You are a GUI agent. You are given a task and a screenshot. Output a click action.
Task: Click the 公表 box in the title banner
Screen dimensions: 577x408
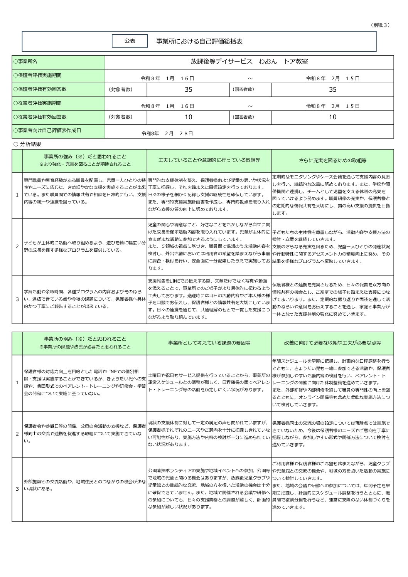130,41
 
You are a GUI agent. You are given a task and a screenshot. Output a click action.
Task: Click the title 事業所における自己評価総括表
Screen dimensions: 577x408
199,41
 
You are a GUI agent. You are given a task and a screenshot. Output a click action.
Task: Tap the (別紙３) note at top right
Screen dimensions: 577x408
381,25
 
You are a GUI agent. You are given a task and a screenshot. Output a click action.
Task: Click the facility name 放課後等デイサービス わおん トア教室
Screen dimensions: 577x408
249,62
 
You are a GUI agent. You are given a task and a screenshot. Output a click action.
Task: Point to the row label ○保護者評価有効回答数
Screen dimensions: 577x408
40,89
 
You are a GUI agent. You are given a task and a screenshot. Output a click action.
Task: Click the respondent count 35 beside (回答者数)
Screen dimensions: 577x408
332,89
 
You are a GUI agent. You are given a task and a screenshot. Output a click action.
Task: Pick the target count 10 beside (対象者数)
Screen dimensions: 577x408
188,117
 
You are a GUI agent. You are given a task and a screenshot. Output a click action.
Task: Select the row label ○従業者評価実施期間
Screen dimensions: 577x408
37,103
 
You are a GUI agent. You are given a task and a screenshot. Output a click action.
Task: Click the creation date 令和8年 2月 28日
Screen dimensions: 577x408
167,133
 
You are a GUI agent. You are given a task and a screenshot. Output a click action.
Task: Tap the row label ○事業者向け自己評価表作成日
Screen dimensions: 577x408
47,131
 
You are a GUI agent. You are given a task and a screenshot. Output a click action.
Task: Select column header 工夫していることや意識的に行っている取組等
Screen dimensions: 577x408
209,160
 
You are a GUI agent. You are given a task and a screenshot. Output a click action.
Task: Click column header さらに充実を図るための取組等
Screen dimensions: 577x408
332,160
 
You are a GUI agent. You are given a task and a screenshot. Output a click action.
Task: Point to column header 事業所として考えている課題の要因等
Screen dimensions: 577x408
209,343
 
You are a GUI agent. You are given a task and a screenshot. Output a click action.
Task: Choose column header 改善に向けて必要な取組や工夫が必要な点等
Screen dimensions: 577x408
332,343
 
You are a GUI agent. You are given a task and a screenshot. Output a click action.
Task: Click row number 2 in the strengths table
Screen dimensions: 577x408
17,247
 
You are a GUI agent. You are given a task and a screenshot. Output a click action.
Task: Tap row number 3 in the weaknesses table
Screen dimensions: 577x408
17,489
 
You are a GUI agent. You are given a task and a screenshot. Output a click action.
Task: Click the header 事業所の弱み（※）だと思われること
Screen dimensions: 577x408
85,339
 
